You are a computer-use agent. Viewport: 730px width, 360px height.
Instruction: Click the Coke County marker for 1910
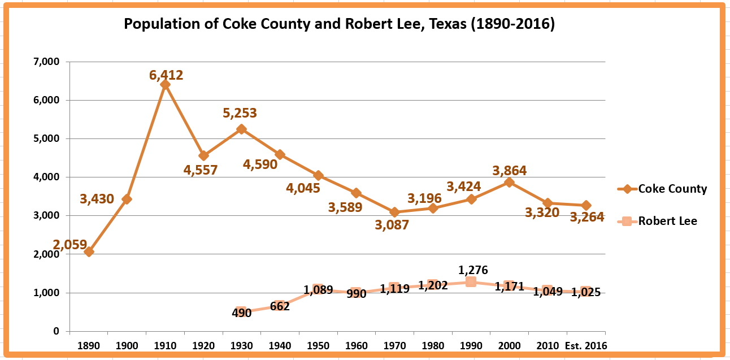pyautogui.click(x=165, y=85)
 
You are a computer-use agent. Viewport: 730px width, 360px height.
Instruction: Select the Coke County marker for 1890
pyautogui.click(x=89, y=251)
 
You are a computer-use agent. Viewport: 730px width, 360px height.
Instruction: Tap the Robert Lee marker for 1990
pyautogui.click(x=471, y=281)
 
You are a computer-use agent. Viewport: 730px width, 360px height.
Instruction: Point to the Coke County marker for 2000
pyautogui.click(x=509, y=183)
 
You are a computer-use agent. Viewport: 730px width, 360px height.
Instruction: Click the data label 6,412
pyautogui.click(x=166, y=75)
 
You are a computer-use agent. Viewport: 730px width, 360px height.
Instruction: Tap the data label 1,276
pyautogui.click(x=473, y=270)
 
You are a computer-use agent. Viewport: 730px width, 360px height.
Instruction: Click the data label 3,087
pyautogui.click(x=392, y=225)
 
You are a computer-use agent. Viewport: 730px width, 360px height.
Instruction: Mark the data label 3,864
pyautogui.click(x=509, y=170)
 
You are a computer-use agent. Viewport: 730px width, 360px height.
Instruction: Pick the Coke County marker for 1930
pyautogui.click(x=241, y=129)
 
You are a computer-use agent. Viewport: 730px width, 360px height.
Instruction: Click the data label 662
pyautogui.click(x=280, y=307)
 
